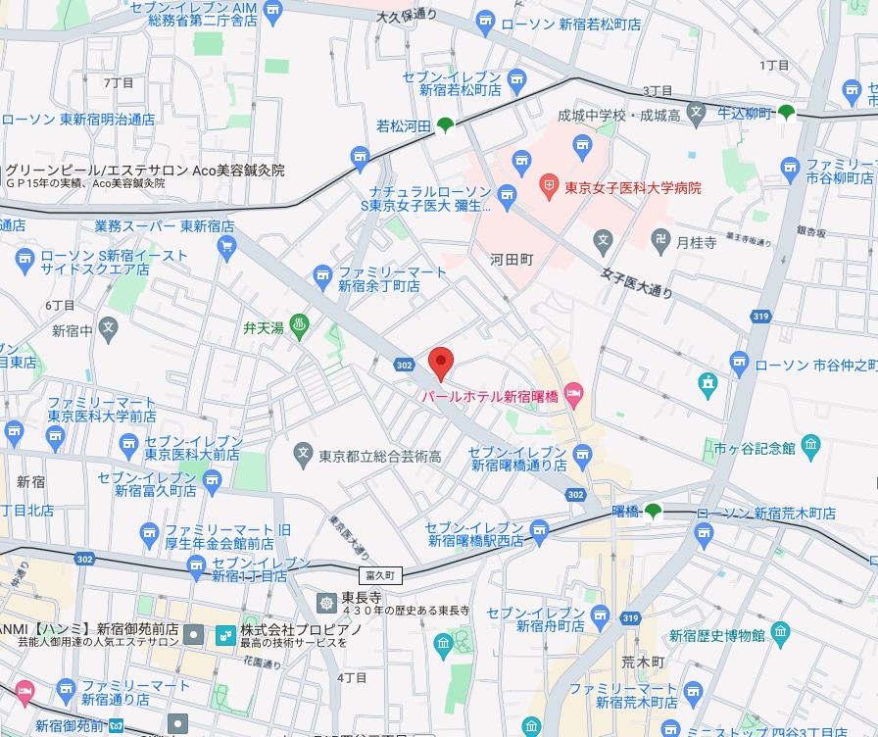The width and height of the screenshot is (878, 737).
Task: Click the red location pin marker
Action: tap(441, 363)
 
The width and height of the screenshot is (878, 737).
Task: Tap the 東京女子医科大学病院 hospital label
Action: tap(632, 186)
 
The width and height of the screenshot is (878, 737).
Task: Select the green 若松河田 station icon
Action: tap(446, 125)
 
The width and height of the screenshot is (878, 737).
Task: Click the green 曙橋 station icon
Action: tap(653, 511)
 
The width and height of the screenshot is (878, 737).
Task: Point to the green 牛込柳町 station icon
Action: tap(786, 113)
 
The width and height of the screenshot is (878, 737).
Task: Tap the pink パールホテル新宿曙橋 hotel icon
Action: tap(574, 396)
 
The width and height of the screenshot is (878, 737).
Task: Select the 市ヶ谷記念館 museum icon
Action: tap(809, 448)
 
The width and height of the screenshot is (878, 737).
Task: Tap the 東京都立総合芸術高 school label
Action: tap(380, 456)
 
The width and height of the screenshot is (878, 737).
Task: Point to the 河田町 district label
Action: tap(511, 260)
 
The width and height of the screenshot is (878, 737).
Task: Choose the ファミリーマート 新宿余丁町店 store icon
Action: tap(321, 277)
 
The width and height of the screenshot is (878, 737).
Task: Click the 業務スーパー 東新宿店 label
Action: tap(165, 225)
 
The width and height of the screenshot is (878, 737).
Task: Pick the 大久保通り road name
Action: tap(407, 15)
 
